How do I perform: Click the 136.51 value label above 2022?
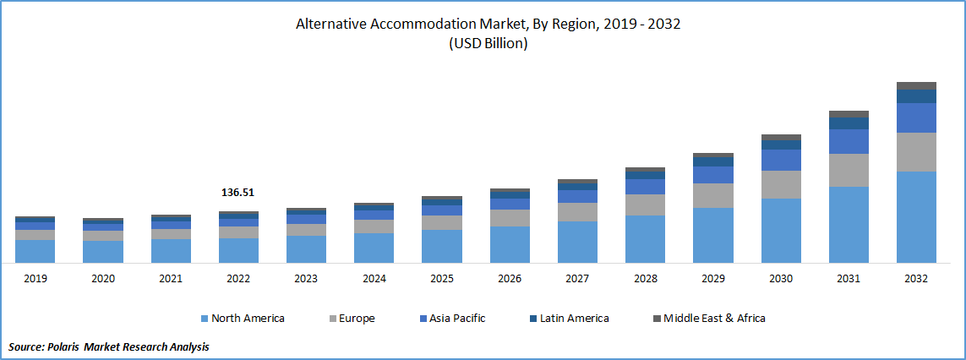[237, 193]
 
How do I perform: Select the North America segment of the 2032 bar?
[916, 217]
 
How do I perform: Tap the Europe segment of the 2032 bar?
[916, 152]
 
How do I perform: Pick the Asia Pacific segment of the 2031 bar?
[849, 141]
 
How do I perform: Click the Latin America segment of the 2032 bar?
[916, 95]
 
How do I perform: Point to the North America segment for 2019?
[35, 251]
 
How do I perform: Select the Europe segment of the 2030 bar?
[781, 184]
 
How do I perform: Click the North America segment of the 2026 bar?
[510, 244]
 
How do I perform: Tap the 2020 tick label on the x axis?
[102, 278]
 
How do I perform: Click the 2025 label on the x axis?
[441, 278]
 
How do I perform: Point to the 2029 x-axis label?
[712, 278]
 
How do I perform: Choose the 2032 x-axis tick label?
[916, 278]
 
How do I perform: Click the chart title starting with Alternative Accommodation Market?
[488, 25]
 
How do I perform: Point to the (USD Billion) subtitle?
[488, 44]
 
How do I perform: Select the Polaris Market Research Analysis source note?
[109, 346]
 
